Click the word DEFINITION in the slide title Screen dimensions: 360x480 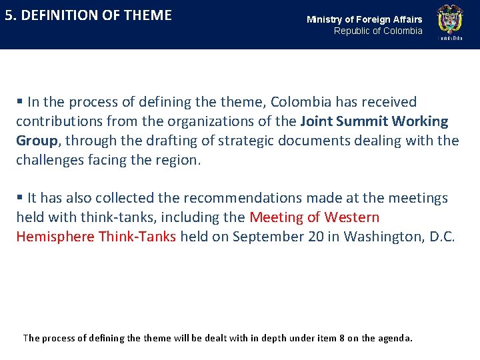point(61,15)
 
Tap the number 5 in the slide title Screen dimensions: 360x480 point(9,15)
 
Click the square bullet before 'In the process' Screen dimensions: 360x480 point(20,102)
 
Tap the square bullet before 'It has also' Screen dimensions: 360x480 point(20,198)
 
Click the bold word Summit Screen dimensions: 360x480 point(363,121)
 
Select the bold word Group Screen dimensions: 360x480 point(37,141)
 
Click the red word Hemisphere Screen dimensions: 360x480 point(55,237)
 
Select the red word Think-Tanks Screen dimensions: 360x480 point(137,237)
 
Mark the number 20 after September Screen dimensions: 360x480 point(316,237)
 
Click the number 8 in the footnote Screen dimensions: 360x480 point(341,338)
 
